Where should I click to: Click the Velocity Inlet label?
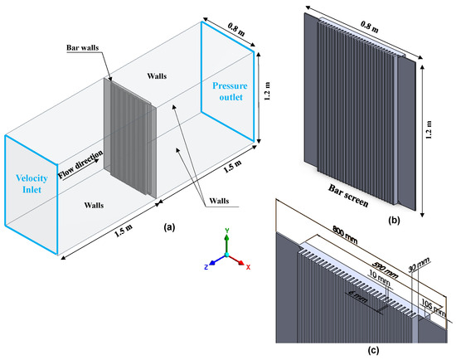coord(32,183)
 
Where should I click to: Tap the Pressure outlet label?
coord(230,91)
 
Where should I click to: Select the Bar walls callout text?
coord(83,47)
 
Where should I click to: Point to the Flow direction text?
coord(80,164)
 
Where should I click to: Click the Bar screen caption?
coord(348,196)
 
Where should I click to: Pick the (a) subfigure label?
coord(169,227)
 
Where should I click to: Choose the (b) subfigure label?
coord(394,221)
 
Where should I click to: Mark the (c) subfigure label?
coord(373,351)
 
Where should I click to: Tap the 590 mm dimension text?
coord(385,270)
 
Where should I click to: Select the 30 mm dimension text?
coord(419,265)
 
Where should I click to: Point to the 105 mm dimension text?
coord(434,309)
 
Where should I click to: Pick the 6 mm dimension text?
coord(357,298)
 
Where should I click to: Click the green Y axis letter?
coord(227,231)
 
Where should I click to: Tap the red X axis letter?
coord(248,267)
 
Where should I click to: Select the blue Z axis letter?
coord(206,267)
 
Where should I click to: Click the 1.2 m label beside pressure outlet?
coord(267,91)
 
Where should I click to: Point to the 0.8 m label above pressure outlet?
coord(236,29)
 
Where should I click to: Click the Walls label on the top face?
coord(157,76)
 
